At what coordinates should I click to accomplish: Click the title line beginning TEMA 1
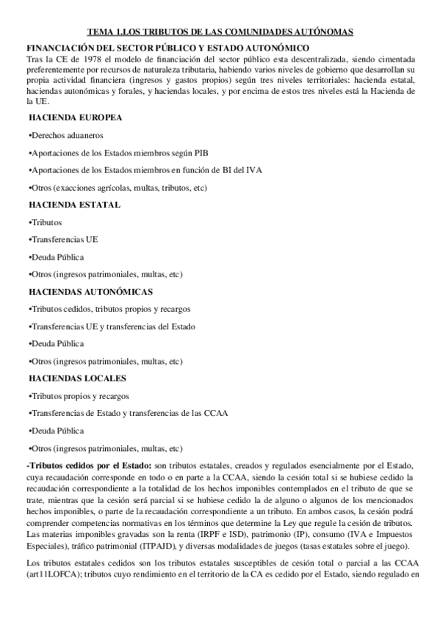220,32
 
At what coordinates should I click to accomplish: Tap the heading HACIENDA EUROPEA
75,117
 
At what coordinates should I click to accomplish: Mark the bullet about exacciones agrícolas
117,187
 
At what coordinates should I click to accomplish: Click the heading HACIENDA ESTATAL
74,205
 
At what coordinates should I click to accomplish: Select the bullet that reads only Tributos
45,222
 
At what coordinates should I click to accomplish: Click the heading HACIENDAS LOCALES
77,378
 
